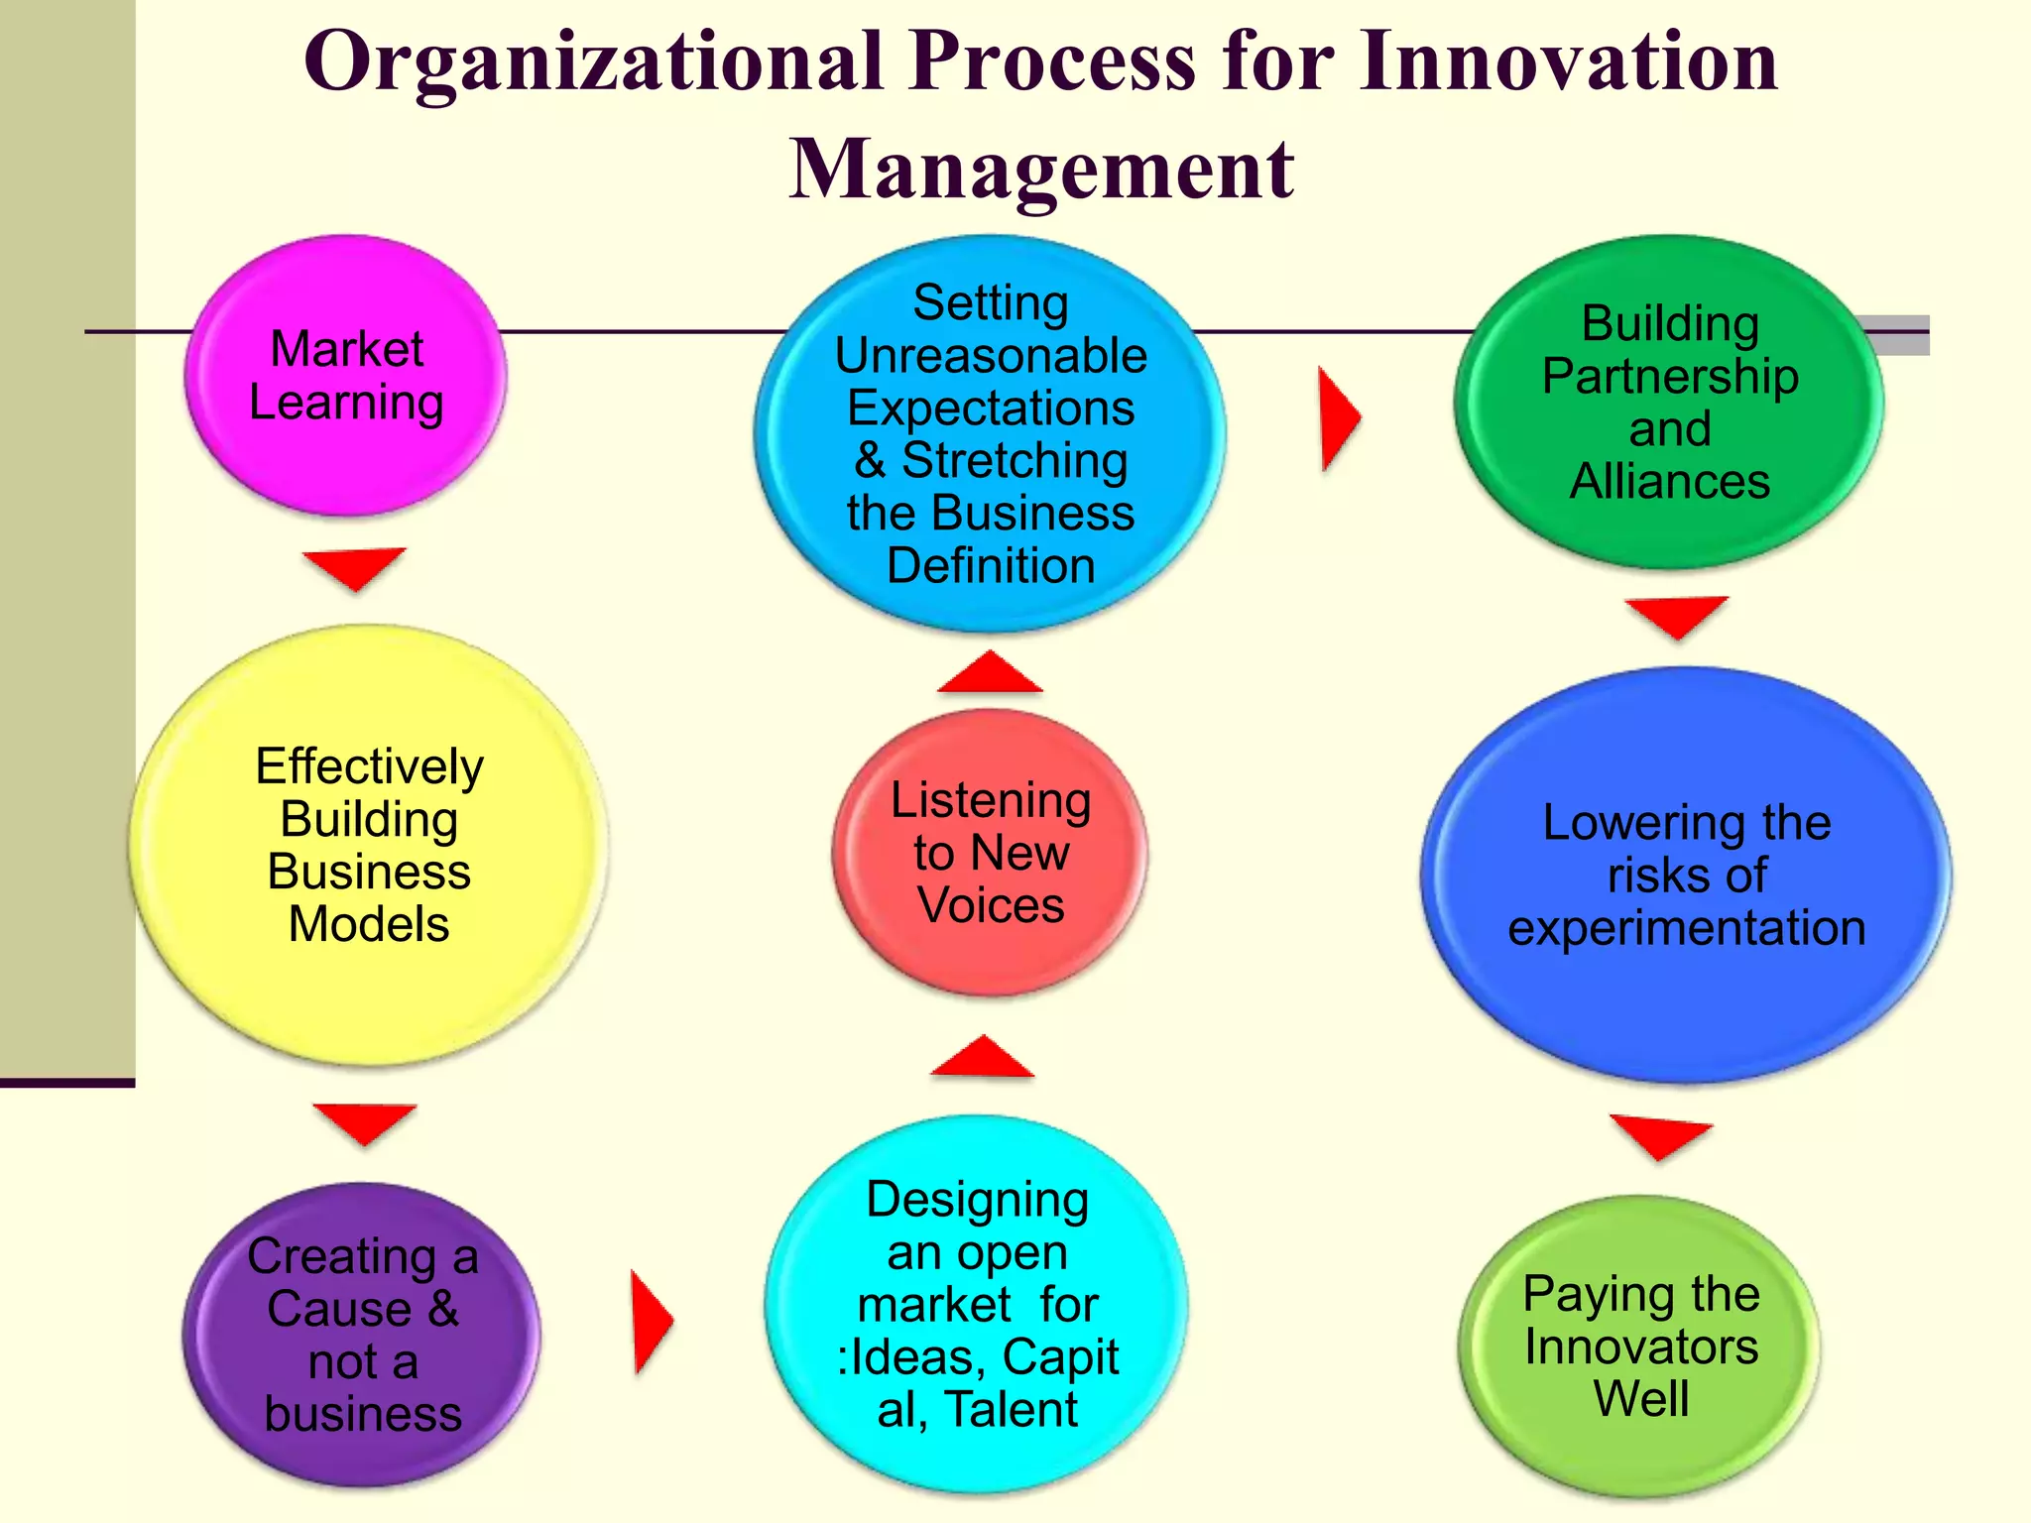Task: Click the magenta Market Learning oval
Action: tap(345, 376)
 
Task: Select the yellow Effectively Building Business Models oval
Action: tap(368, 845)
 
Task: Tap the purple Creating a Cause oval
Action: tap(362, 1334)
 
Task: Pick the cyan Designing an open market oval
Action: tap(977, 1303)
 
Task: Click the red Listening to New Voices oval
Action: tap(990, 852)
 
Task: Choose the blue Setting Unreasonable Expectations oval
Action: tap(990, 433)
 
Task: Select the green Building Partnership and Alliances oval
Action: tap(1669, 402)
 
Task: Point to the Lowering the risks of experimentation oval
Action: tap(1686, 875)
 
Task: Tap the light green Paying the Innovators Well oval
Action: tap(1640, 1346)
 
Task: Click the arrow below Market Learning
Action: tap(354, 566)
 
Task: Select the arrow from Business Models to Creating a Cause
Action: tap(364, 1121)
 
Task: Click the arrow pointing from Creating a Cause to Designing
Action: tap(651, 1322)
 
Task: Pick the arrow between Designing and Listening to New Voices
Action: tap(982, 1058)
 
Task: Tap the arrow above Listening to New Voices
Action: tap(990, 673)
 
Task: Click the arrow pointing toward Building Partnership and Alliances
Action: tap(1338, 417)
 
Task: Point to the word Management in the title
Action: tap(1041, 169)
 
